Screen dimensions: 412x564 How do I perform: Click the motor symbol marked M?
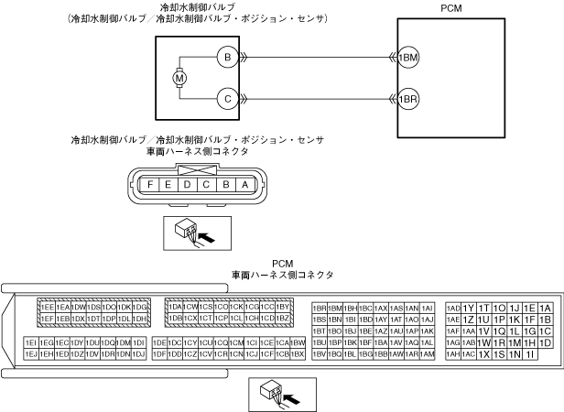pos(179,77)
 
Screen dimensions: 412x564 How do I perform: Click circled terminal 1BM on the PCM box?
pos(408,58)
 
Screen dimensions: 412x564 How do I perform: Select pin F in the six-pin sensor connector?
pos(149,184)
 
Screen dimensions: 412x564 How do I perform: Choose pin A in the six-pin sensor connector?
pos(243,184)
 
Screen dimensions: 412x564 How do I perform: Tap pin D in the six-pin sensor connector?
pos(187,184)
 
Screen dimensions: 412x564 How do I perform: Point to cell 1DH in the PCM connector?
pos(140,318)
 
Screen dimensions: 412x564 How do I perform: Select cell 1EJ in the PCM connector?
pos(30,353)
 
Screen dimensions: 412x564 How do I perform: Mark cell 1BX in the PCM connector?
pos(298,353)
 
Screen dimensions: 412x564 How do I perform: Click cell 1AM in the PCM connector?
pos(427,353)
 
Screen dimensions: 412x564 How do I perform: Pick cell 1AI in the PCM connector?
pos(427,308)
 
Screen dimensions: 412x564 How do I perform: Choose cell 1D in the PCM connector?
pos(546,342)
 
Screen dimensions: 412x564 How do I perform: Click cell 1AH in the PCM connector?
pos(453,353)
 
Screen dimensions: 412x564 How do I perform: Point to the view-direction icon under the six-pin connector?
pos(193,233)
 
